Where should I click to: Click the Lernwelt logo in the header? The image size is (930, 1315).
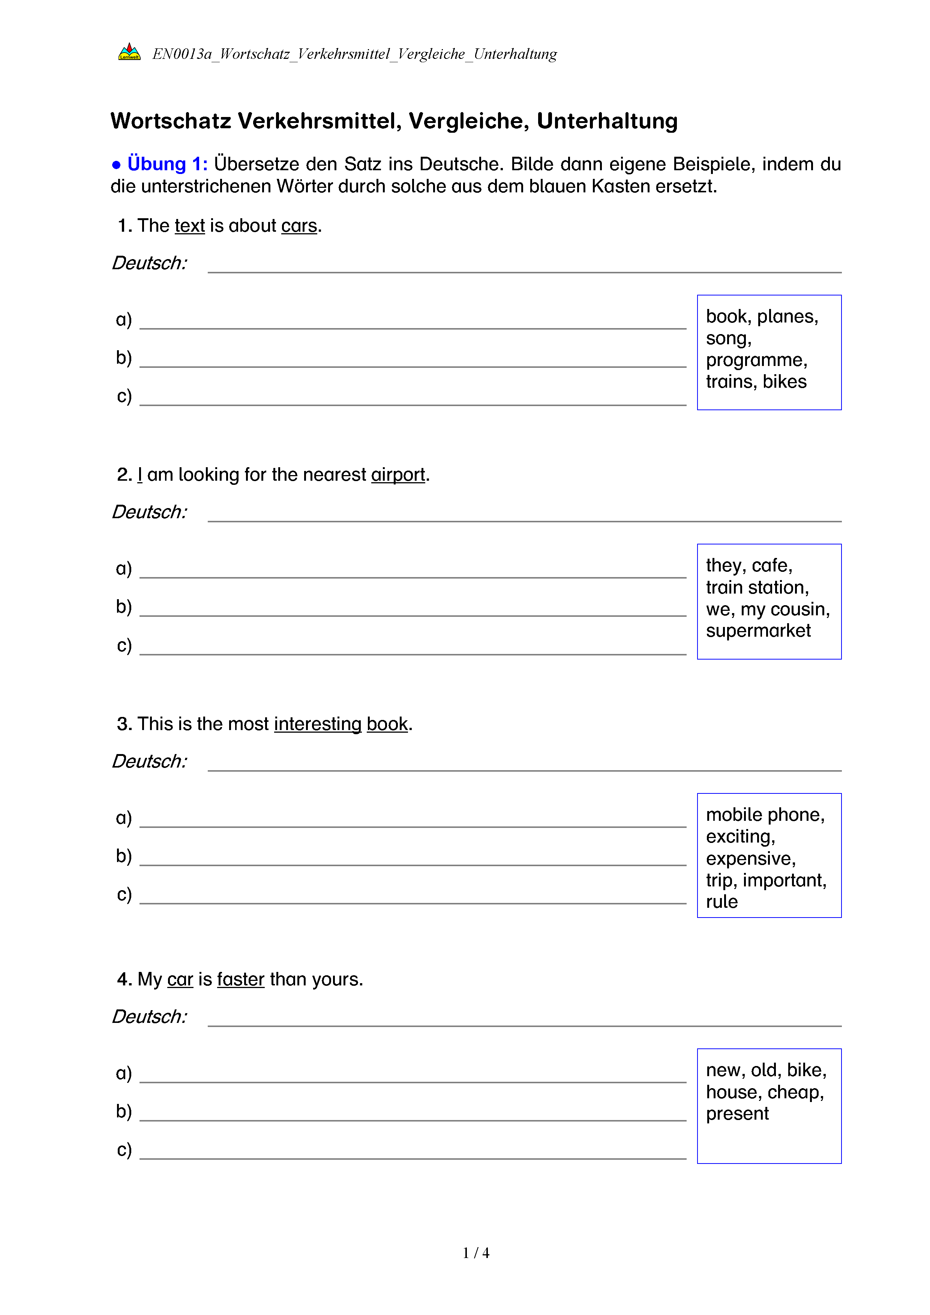point(129,52)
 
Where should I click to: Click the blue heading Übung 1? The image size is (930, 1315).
point(167,164)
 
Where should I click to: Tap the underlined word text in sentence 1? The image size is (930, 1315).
point(189,226)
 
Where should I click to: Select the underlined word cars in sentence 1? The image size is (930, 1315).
point(299,226)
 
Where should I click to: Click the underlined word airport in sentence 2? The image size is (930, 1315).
point(398,475)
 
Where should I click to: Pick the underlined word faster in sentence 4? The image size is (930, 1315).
point(240,979)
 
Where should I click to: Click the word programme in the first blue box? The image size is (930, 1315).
point(756,360)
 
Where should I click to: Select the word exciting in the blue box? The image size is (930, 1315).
point(740,837)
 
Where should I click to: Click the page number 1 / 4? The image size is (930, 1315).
point(476,1253)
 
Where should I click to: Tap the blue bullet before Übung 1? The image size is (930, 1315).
point(116,165)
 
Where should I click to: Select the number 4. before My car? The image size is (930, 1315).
point(124,979)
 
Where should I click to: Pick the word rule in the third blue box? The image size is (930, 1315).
point(721,902)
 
